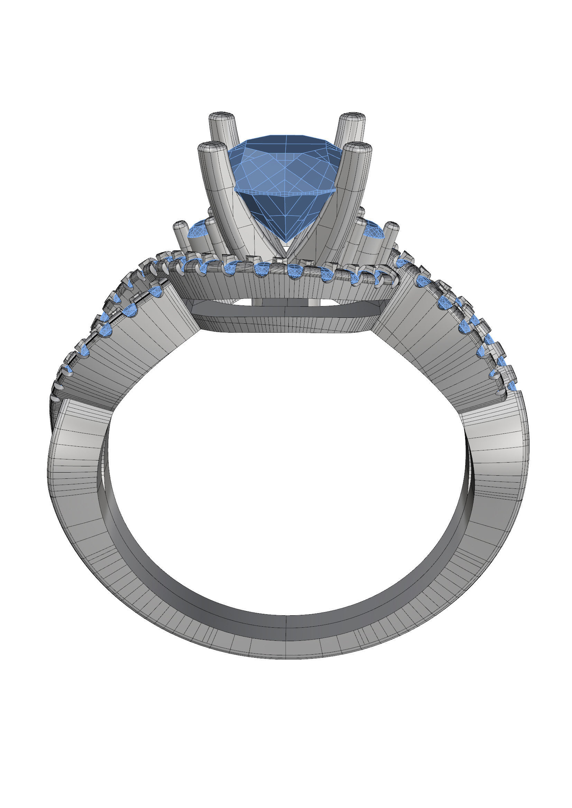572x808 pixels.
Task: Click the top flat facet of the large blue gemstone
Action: pos(285,139)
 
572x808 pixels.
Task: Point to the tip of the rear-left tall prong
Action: pos(222,117)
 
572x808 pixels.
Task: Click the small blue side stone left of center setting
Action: pos(197,230)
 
